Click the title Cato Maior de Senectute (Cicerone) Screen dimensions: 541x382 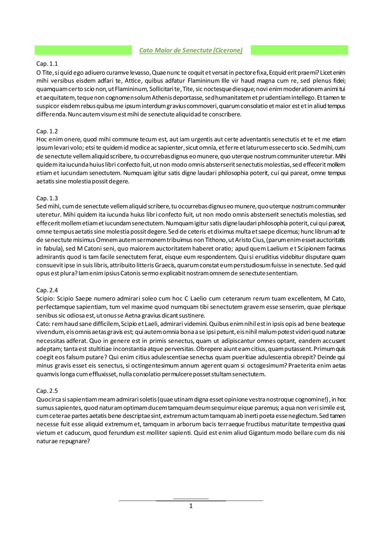[191, 50]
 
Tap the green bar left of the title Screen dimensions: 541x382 [83, 50]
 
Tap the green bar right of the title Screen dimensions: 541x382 [299, 50]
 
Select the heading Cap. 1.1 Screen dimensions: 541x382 [47, 64]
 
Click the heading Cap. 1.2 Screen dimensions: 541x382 [47, 131]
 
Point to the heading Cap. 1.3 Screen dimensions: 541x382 [47, 198]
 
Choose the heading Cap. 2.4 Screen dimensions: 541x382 [47, 290]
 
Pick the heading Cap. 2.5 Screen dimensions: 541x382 [47, 391]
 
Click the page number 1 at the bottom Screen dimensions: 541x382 [191, 506]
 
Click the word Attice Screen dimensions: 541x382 [133, 81]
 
